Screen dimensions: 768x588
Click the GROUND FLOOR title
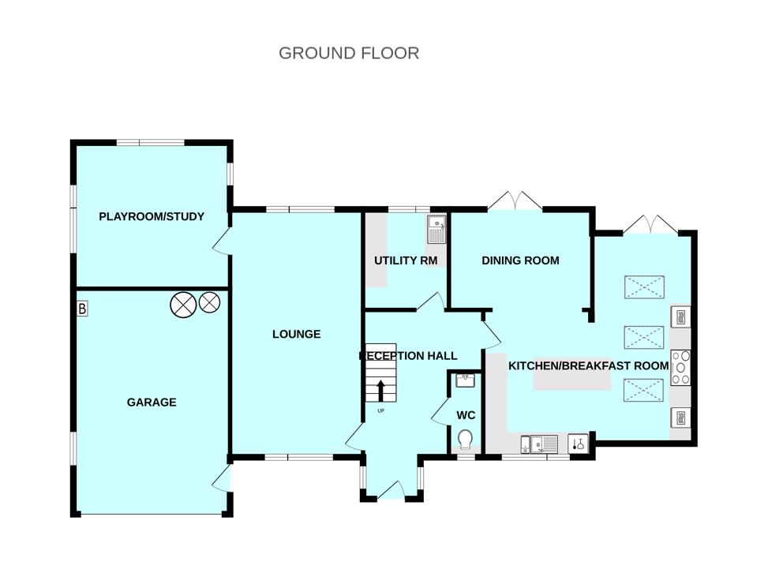[x=349, y=53]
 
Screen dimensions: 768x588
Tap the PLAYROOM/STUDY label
[x=152, y=216]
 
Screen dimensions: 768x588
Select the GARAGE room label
[x=152, y=403]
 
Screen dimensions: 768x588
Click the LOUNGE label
[x=296, y=335]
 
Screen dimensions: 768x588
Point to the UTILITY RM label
[x=406, y=260]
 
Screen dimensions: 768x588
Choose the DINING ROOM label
[x=520, y=260]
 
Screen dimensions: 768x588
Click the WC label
[x=466, y=416]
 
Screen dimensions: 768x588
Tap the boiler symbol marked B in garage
[x=82, y=309]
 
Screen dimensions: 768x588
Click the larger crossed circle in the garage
[x=183, y=305]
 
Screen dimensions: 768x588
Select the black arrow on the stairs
[x=380, y=391]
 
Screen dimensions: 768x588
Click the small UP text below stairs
[x=381, y=410]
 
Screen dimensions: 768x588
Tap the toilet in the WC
[x=465, y=440]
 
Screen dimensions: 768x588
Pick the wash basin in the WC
[x=465, y=380]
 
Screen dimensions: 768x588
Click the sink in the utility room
[x=436, y=230]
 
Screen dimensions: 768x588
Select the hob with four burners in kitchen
[x=680, y=367]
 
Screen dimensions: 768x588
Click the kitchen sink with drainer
[x=544, y=444]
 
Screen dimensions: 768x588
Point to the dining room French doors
[x=515, y=201]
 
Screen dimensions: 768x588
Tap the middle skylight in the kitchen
[x=643, y=336]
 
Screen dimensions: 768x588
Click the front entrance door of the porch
[x=391, y=489]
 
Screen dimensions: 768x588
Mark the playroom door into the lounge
[x=221, y=241]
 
